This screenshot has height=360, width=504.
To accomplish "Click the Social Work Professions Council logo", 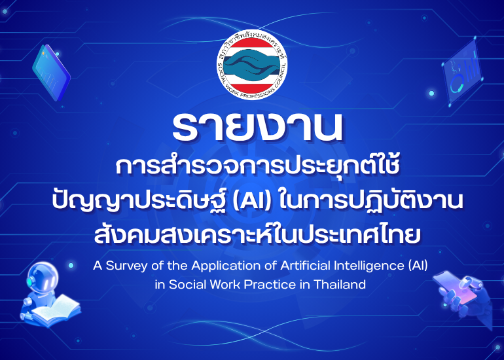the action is [252, 65].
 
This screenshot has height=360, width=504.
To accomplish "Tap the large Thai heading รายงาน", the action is [257, 126].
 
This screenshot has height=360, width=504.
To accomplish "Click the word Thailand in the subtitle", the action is [340, 284].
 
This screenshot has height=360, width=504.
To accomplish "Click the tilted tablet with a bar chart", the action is [51, 73].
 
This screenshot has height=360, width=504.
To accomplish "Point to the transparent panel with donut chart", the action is [462, 72].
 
